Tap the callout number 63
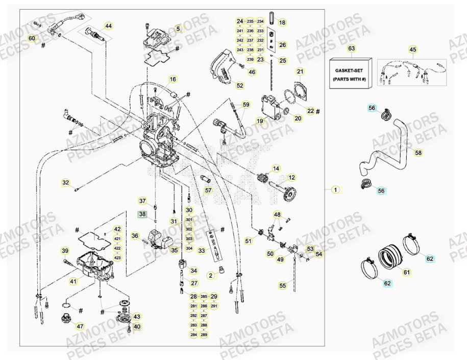(x=351, y=49)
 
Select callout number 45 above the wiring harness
(x=413, y=50)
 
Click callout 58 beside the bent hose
(x=418, y=152)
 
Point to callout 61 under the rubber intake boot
(x=407, y=272)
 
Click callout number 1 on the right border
(x=335, y=190)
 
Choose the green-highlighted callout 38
(x=142, y=214)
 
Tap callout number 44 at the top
(x=108, y=26)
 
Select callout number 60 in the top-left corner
(x=32, y=39)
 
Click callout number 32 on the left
(x=65, y=182)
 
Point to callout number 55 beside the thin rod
(x=282, y=286)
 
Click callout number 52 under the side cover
(x=239, y=86)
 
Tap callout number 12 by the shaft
(x=291, y=178)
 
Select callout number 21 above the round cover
(x=300, y=71)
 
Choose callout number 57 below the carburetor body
(x=208, y=190)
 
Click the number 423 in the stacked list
(x=117, y=257)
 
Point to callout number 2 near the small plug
(x=210, y=275)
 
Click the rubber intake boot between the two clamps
(x=389, y=254)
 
